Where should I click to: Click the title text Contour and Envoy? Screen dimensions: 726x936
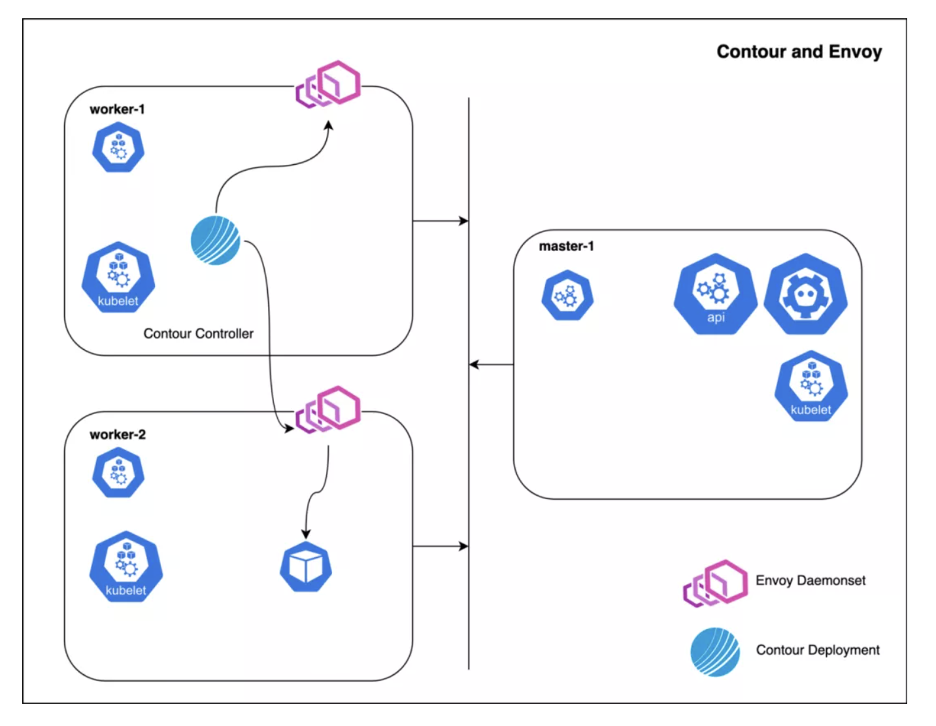[799, 52]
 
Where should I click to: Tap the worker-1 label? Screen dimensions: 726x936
[117, 109]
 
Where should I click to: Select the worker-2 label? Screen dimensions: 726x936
[118, 434]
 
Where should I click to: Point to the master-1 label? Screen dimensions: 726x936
[566, 246]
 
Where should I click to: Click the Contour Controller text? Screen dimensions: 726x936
[198, 334]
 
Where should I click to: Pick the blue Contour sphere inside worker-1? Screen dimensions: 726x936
[216, 240]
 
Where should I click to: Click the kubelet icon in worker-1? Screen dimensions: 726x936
[118, 277]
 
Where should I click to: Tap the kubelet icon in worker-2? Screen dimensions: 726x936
[126, 566]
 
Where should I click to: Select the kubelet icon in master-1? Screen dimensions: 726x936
[811, 386]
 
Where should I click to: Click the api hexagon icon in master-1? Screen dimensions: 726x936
[716, 294]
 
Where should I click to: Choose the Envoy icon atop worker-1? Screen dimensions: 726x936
[328, 84]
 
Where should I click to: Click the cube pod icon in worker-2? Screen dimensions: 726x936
[306, 566]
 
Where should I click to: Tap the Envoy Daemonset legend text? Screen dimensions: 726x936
[811, 580]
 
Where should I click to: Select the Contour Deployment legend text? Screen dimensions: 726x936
[818, 649]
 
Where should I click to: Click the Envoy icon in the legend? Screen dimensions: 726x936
[715, 582]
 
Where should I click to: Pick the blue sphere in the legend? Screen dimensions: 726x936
[715, 651]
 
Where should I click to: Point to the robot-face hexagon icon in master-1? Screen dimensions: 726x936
[806, 294]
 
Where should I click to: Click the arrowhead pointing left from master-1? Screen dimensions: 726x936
[474, 364]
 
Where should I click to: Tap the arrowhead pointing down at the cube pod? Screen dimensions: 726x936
[306, 534]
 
